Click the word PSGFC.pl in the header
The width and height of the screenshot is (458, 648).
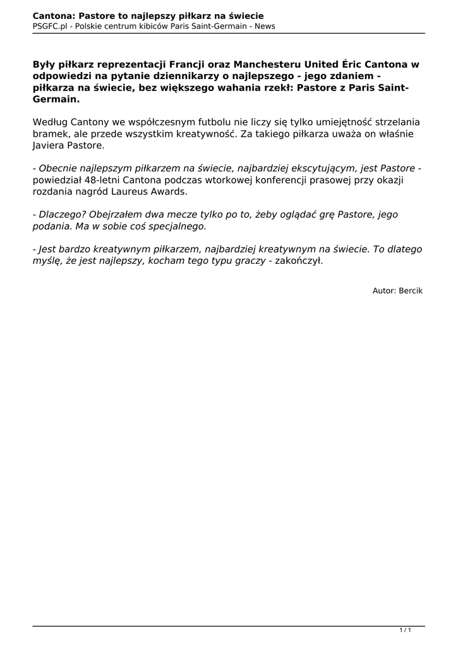click(x=51, y=26)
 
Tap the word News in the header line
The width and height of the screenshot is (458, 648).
click(x=265, y=26)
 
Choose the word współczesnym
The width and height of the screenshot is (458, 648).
click(x=146, y=121)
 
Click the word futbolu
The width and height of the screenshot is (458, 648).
click(x=201, y=121)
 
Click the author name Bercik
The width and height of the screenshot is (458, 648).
click(x=411, y=290)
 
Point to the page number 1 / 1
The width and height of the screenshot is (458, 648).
click(x=406, y=630)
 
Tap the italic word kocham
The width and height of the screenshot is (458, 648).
click(x=166, y=262)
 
